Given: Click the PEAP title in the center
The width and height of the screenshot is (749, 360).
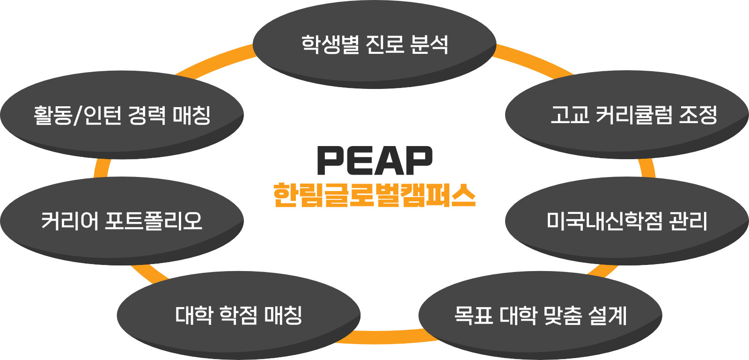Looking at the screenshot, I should pos(374,161).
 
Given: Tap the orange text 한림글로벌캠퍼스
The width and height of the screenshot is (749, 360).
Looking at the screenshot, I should pos(374,195).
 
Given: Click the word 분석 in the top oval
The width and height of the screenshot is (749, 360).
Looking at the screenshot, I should pos(429,44).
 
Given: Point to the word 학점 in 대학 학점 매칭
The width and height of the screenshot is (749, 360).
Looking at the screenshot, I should pos(239,315).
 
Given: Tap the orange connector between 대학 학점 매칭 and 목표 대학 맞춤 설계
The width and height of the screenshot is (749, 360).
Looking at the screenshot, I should pos(389,337).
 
